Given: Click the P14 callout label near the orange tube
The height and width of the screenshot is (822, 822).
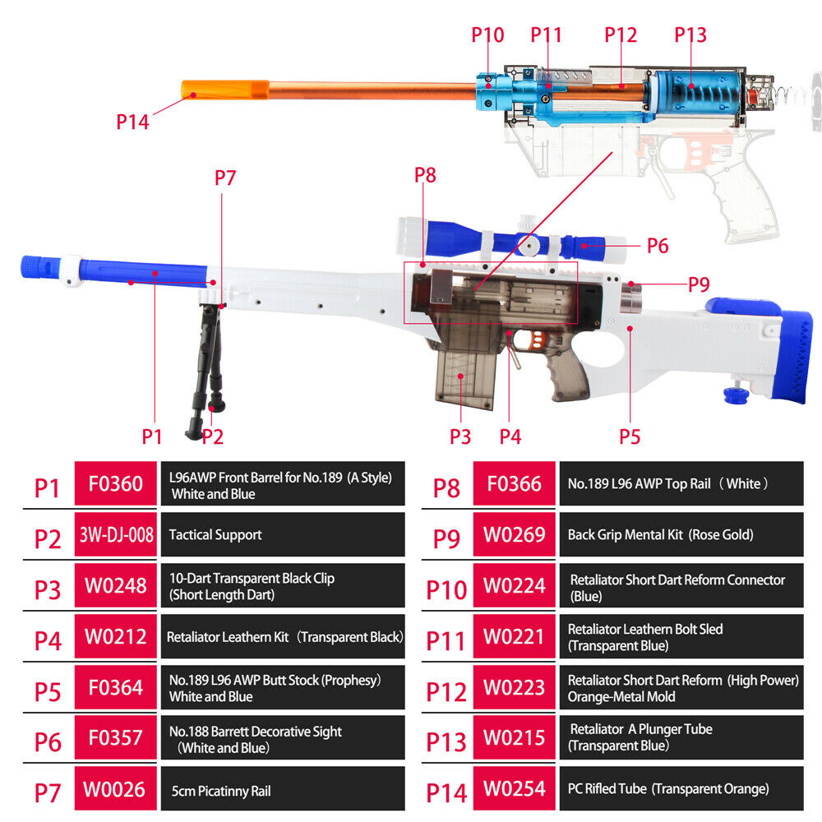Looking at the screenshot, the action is pos(132,122).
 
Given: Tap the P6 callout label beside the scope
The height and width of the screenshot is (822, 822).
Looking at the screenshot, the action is pos(658,245).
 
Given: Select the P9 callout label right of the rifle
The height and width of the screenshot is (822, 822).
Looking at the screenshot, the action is pos(699,284).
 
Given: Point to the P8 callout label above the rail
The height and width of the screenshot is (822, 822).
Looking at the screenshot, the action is pos(425,175).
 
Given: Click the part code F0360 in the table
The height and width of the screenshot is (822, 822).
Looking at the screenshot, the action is pos(116,483).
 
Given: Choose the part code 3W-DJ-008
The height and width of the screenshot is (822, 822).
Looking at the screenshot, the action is pos(116,534).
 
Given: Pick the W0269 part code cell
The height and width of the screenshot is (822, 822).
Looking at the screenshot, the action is pos(515,534).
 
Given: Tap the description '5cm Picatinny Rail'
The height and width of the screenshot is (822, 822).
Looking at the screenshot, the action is pos(221,791).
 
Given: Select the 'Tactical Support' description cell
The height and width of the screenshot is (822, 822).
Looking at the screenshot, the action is pos(283,534).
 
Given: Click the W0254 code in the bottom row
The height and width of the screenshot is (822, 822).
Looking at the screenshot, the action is pos(515,788).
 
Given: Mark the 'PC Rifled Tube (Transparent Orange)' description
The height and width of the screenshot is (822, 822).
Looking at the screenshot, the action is pos(668,788).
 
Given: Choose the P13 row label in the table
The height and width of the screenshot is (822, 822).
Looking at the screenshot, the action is pos(446,741).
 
